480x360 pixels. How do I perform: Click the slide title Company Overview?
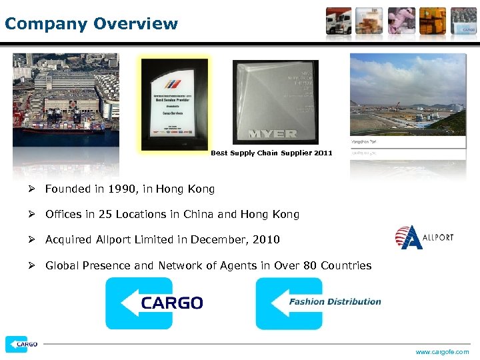click(91, 25)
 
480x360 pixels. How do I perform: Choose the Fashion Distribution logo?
click(319, 303)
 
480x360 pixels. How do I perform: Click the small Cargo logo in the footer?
click(21, 344)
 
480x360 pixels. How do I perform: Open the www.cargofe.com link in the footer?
click(442, 352)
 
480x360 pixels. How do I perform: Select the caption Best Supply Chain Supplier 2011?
click(271, 153)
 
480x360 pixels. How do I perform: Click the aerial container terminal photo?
click(66, 100)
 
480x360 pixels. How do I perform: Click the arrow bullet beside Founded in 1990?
click(32, 189)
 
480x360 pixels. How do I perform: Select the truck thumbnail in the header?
click(339, 21)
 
